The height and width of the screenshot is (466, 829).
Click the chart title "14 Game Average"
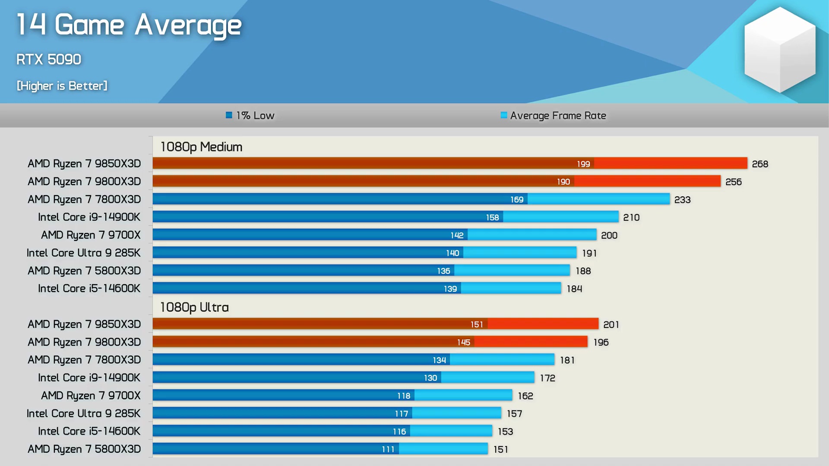(x=129, y=25)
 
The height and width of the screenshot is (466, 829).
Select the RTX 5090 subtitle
(x=49, y=59)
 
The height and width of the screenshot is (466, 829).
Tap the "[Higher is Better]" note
(x=62, y=85)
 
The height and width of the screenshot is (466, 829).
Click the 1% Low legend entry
(x=250, y=115)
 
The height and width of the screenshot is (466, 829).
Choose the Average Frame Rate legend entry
(x=554, y=115)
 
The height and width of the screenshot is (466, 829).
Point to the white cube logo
(x=780, y=50)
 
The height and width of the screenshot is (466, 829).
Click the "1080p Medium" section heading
(x=201, y=147)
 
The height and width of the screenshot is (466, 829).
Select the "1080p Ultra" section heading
(x=194, y=307)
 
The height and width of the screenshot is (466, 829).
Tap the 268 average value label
(x=760, y=164)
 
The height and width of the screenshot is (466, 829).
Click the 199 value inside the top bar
(x=583, y=164)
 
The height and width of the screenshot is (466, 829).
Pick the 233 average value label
(x=682, y=200)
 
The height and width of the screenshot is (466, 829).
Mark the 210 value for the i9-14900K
(x=631, y=217)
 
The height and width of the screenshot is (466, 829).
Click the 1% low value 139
(x=450, y=289)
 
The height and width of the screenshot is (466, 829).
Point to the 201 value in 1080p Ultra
(x=611, y=324)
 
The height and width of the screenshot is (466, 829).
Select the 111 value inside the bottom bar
(x=388, y=449)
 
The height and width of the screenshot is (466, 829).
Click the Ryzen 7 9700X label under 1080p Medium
(x=91, y=235)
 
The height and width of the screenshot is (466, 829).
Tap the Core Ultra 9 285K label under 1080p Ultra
(x=83, y=413)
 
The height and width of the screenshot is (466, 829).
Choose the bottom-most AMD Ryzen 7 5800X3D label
(x=84, y=449)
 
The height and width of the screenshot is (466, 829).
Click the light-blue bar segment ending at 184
(x=511, y=288)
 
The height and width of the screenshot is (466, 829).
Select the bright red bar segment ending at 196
(x=531, y=342)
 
